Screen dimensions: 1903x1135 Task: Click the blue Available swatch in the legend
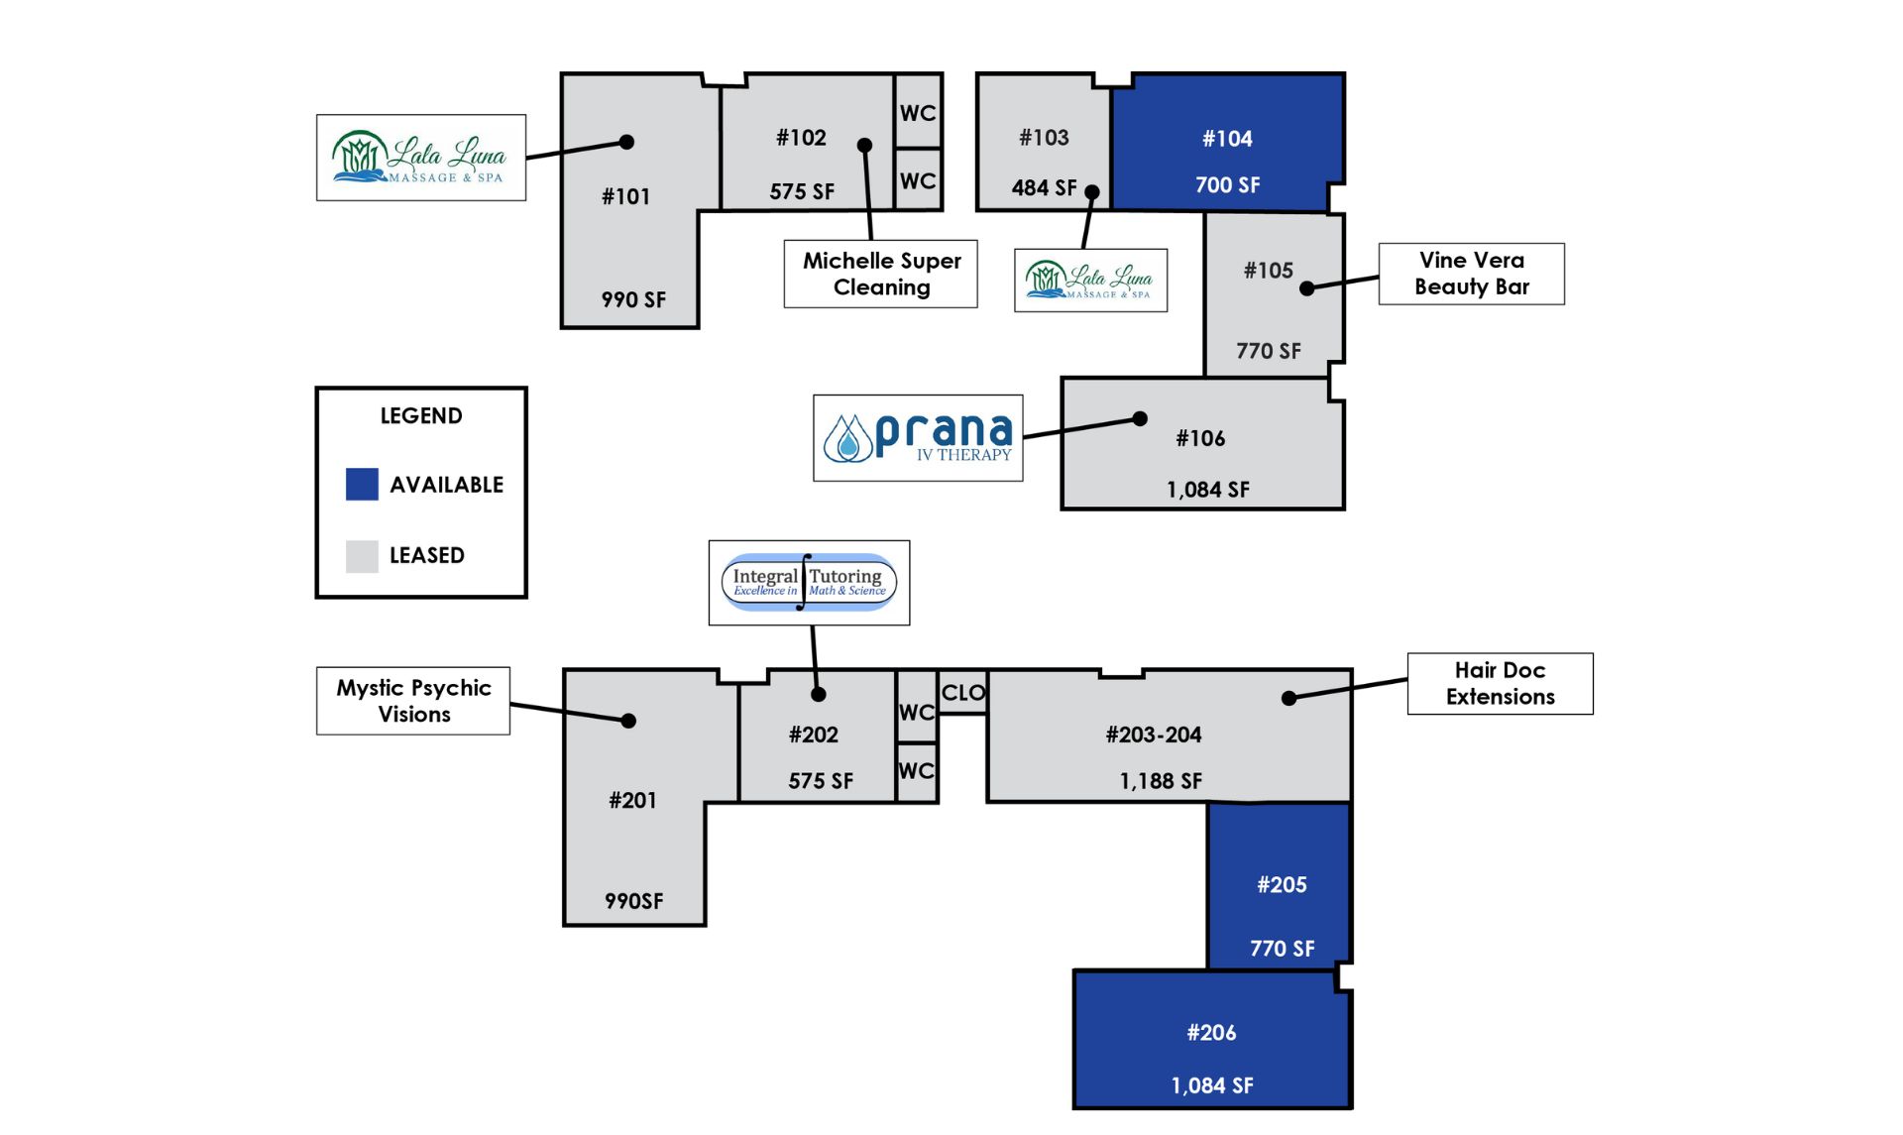click(x=362, y=484)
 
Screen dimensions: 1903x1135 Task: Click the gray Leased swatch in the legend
click(x=362, y=556)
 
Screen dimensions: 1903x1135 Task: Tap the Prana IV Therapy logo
click(x=918, y=438)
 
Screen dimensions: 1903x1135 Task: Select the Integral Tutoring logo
click(x=809, y=583)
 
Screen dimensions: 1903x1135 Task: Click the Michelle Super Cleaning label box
click(x=881, y=274)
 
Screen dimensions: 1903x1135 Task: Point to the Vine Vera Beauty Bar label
click(x=1472, y=274)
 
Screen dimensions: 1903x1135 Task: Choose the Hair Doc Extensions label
click(x=1501, y=683)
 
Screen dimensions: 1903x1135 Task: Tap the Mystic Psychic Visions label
click(x=413, y=701)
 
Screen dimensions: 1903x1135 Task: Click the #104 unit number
click(x=1227, y=139)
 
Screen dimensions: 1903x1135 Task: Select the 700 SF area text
click(x=1227, y=185)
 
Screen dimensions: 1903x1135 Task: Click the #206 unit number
click(x=1211, y=1033)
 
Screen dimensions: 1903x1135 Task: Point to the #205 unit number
click(x=1282, y=885)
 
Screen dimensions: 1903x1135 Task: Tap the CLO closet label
click(x=963, y=693)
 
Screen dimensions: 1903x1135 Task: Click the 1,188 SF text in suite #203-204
click(x=1161, y=781)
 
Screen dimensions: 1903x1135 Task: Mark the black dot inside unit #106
click(x=1140, y=419)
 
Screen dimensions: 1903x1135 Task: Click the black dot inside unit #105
click(x=1307, y=288)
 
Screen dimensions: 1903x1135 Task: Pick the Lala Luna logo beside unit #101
click(x=421, y=158)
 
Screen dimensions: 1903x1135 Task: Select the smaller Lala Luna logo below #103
click(x=1090, y=281)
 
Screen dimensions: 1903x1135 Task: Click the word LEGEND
click(x=421, y=415)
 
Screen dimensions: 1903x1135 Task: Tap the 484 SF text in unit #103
click(x=1044, y=187)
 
